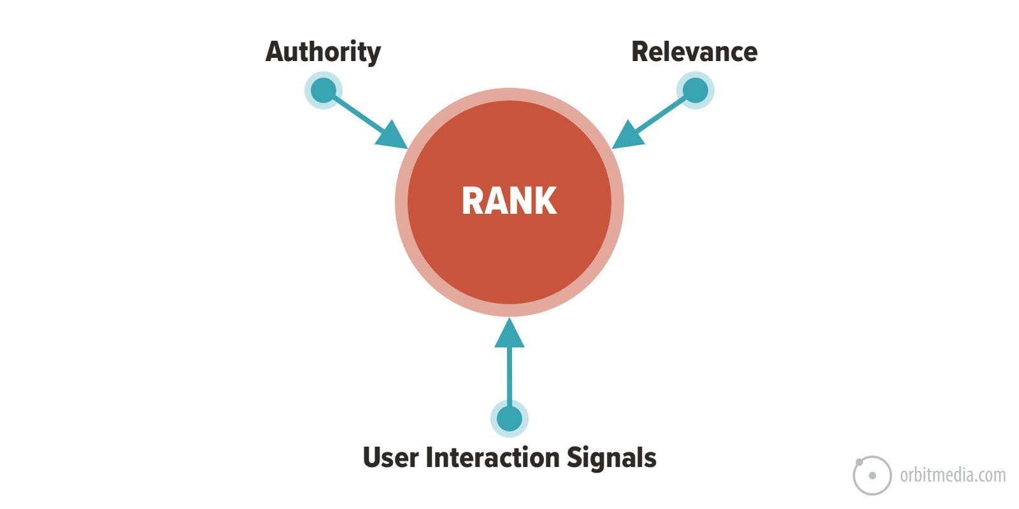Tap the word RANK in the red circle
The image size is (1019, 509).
[x=509, y=201]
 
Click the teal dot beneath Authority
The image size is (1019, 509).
[x=324, y=90]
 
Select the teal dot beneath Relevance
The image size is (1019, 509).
[x=695, y=90]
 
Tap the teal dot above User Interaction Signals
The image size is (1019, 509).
[x=509, y=419]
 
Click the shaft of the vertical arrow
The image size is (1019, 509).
[x=509, y=375]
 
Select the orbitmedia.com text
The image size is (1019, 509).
[x=953, y=475]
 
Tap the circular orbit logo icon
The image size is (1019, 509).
[x=872, y=475]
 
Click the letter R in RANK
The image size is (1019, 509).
[x=473, y=201]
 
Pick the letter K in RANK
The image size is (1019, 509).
[x=546, y=201]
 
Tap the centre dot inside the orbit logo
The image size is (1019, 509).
[x=872, y=475]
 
